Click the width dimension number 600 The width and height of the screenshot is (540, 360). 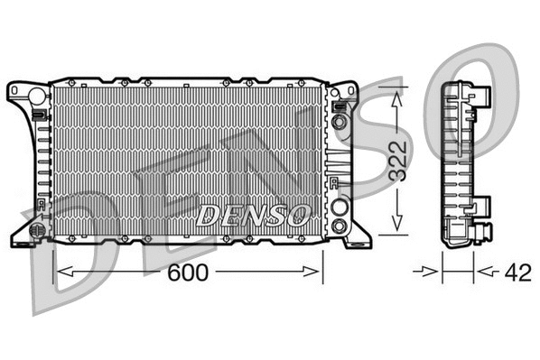188,272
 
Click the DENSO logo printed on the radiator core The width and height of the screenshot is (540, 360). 254,215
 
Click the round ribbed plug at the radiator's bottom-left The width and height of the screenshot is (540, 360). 37,230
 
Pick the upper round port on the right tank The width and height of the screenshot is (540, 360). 340,121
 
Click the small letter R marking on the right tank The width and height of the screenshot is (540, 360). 334,184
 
